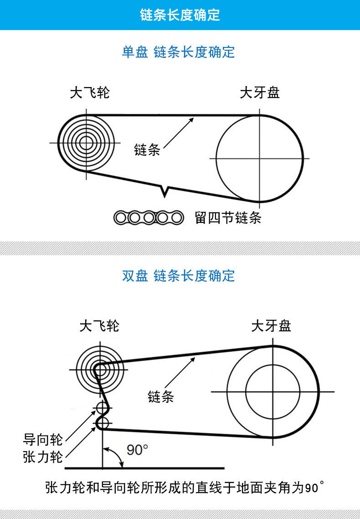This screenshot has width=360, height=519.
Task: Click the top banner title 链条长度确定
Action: click(180, 15)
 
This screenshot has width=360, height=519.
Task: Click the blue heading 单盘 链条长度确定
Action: click(178, 52)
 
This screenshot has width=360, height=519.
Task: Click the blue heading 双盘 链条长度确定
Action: click(178, 276)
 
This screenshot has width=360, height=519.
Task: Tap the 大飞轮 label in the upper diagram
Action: click(89, 93)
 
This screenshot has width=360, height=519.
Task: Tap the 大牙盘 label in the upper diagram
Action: click(259, 93)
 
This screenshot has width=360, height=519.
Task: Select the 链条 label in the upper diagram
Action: click(147, 149)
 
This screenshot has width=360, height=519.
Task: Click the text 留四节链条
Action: click(228, 218)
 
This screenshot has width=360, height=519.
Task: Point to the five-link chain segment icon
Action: click(149, 218)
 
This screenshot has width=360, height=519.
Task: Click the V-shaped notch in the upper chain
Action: click(165, 192)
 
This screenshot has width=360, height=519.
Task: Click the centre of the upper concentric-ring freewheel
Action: click(86, 143)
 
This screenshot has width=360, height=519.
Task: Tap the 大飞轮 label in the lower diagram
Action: click(99, 326)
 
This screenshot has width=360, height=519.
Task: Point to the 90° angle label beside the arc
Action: click(137, 450)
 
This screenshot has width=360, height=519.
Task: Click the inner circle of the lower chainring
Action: click(273, 391)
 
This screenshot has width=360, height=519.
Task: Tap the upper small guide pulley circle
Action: click(103, 407)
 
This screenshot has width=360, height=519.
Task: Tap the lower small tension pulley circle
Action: click(103, 423)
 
